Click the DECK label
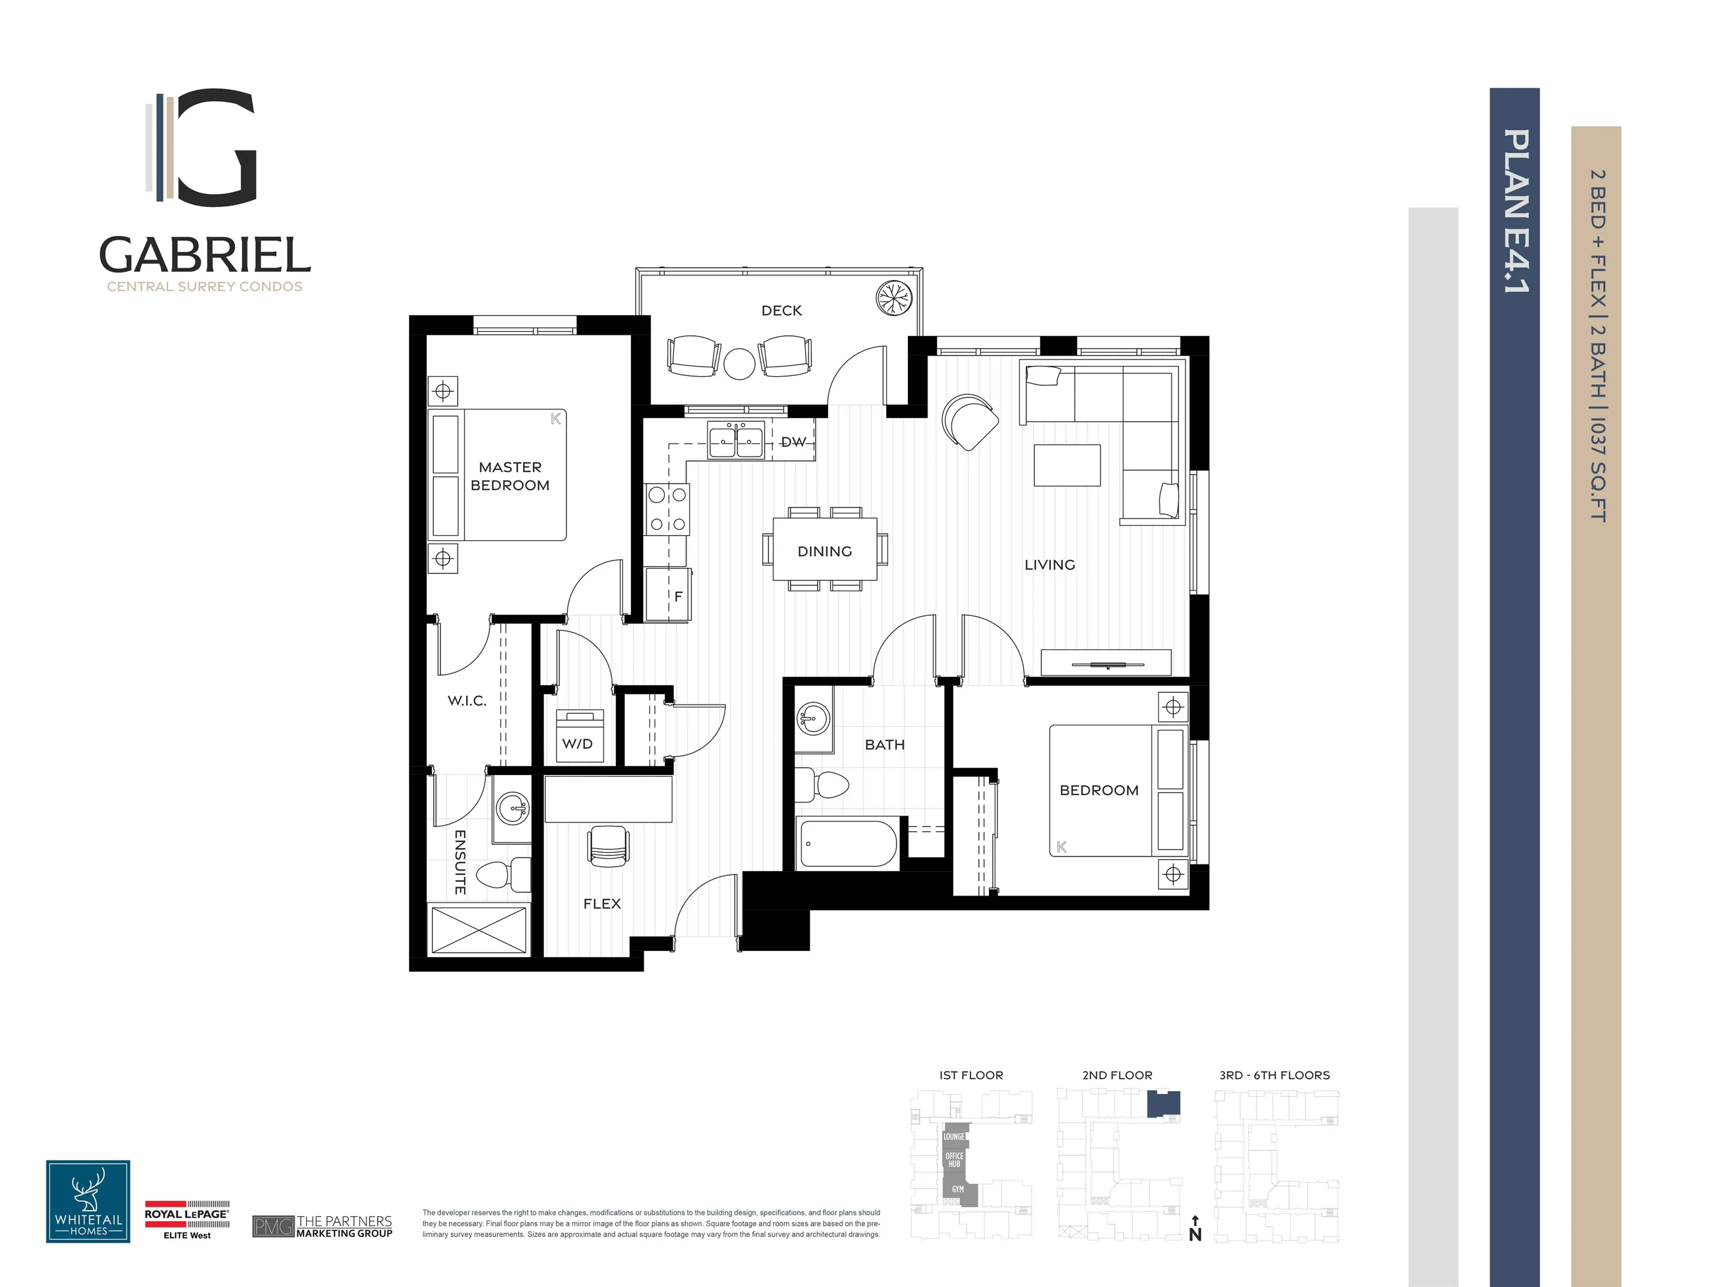coord(781,310)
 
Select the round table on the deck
coord(739,363)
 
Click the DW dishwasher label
coord(793,442)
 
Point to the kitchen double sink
coord(736,442)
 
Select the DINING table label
coord(824,551)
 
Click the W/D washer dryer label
coord(577,743)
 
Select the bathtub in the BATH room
coord(847,843)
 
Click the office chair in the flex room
coord(608,845)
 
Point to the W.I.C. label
coord(467,701)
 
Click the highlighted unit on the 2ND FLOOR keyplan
coord(1164,1103)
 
